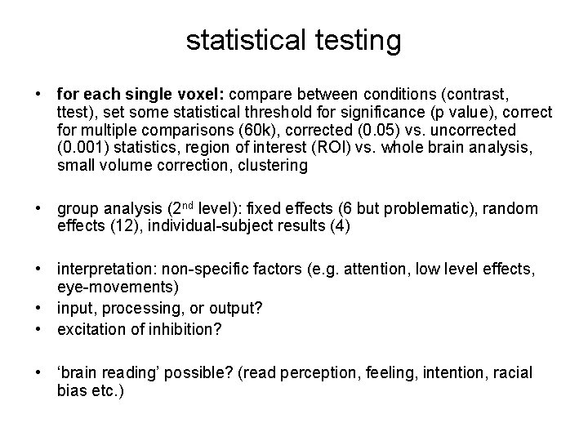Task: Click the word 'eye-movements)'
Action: point(108,287)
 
